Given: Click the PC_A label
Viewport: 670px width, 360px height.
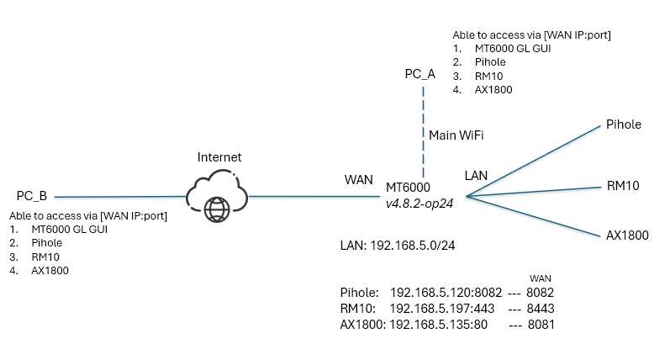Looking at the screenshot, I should click(x=420, y=75).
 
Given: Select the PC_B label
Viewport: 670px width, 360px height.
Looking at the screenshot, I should click(x=31, y=197).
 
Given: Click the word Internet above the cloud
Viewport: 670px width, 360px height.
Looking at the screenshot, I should click(x=219, y=157).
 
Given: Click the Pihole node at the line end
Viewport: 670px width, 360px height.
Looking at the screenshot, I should click(x=624, y=125).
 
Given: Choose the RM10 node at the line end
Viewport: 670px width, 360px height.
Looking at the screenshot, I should click(x=623, y=186).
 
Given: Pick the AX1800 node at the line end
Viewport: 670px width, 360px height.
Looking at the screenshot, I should click(x=627, y=236).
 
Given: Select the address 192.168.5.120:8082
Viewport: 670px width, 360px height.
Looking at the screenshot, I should click(x=446, y=293).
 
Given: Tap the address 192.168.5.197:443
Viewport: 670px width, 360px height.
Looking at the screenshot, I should click(x=442, y=309).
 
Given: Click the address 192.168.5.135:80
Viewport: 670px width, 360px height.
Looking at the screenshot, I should click(x=439, y=325).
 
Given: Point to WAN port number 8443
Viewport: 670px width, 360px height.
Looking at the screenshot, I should click(x=541, y=309).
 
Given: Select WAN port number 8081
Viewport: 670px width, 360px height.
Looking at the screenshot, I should click(x=541, y=325).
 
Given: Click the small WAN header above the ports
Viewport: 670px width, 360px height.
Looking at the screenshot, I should click(x=540, y=277).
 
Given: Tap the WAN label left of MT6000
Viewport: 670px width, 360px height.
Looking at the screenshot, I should click(x=358, y=181).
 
